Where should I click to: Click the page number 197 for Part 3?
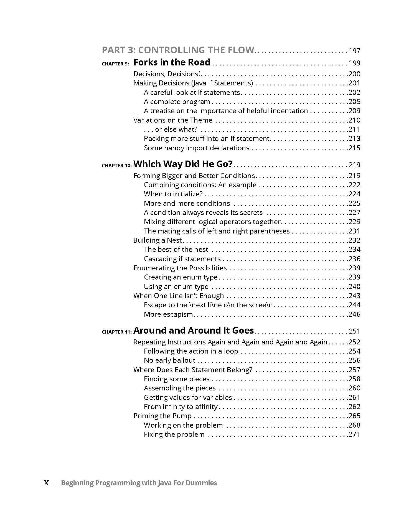(354, 51)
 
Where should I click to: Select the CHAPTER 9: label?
(115, 64)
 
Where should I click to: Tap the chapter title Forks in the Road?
(172, 62)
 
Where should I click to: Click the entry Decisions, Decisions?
(167, 74)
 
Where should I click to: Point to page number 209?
(354, 111)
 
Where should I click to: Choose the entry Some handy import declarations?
(197, 148)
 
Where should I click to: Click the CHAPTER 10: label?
(116, 166)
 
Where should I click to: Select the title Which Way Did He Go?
(183, 164)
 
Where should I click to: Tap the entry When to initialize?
(173, 194)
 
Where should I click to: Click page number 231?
(354, 231)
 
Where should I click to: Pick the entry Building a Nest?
(157, 240)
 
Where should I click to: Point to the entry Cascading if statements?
(182, 259)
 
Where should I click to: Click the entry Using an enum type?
(176, 287)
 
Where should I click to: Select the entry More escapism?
(168, 314)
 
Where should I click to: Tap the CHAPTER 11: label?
(116, 332)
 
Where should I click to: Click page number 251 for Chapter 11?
(354, 331)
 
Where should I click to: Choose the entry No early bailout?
(170, 360)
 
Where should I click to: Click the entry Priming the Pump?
(162, 416)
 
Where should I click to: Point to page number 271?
(354, 435)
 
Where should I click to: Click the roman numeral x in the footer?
(47, 483)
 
